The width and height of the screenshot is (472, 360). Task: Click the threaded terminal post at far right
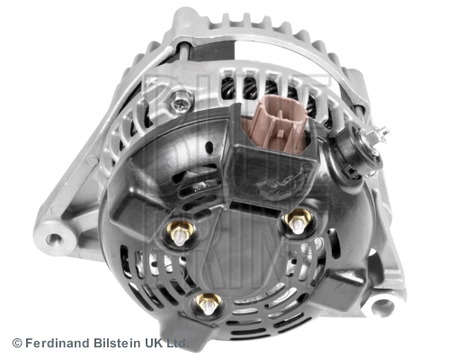tap(380, 133)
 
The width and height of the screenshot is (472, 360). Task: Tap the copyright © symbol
tap(16, 343)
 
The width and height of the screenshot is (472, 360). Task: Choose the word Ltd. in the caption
tap(178, 343)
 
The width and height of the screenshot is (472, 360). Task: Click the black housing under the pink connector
tap(270, 171)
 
